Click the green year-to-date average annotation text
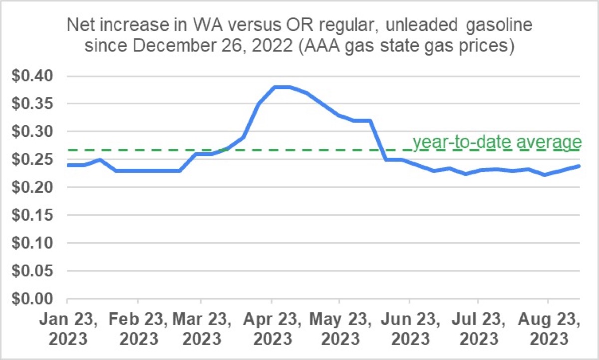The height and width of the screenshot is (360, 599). [497, 142]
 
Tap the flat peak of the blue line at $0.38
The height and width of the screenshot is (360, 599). [282, 87]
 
